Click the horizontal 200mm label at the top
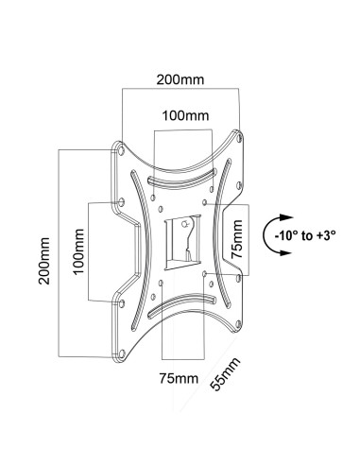[x=180, y=79]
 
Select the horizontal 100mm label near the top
[x=185, y=115]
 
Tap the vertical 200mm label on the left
[x=44, y=261]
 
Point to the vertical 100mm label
[x=78, y=251]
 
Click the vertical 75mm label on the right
[x=237, y=239]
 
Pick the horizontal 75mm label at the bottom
[x=179, y=378]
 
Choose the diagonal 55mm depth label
[x=225, y=374]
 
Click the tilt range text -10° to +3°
[x=305, y=235]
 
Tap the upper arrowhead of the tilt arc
[x=286, y=217]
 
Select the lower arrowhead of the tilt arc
[x=286, y=252]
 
